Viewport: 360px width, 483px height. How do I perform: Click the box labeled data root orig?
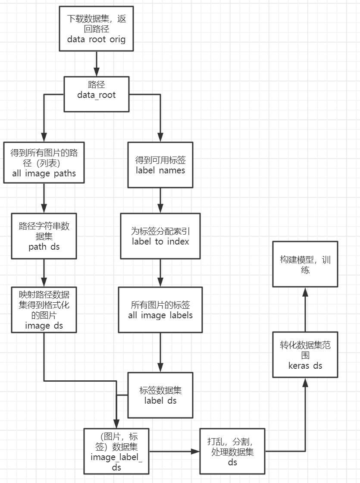tap(96, 28)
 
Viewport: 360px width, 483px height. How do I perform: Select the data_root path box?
tap(96, 94)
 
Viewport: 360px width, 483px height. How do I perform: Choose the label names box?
tap(160, 165)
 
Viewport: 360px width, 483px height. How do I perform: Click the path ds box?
tap(44, 236)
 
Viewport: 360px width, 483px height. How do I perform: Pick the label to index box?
tap(160, 236)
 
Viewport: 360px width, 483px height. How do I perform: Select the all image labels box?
tap(160, 310)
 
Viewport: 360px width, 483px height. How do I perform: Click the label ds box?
tap(160, 395)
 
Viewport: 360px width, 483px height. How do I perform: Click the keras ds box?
tap(305, 355)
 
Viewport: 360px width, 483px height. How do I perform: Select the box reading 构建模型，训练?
tap(305, 264)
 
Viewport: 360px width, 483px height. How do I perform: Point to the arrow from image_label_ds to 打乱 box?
tap(175, 452)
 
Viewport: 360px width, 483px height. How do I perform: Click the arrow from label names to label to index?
tap(160, 200)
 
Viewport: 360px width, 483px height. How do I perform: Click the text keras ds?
tap(305, 366)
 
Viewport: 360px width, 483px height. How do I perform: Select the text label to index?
tap(160, 241)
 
